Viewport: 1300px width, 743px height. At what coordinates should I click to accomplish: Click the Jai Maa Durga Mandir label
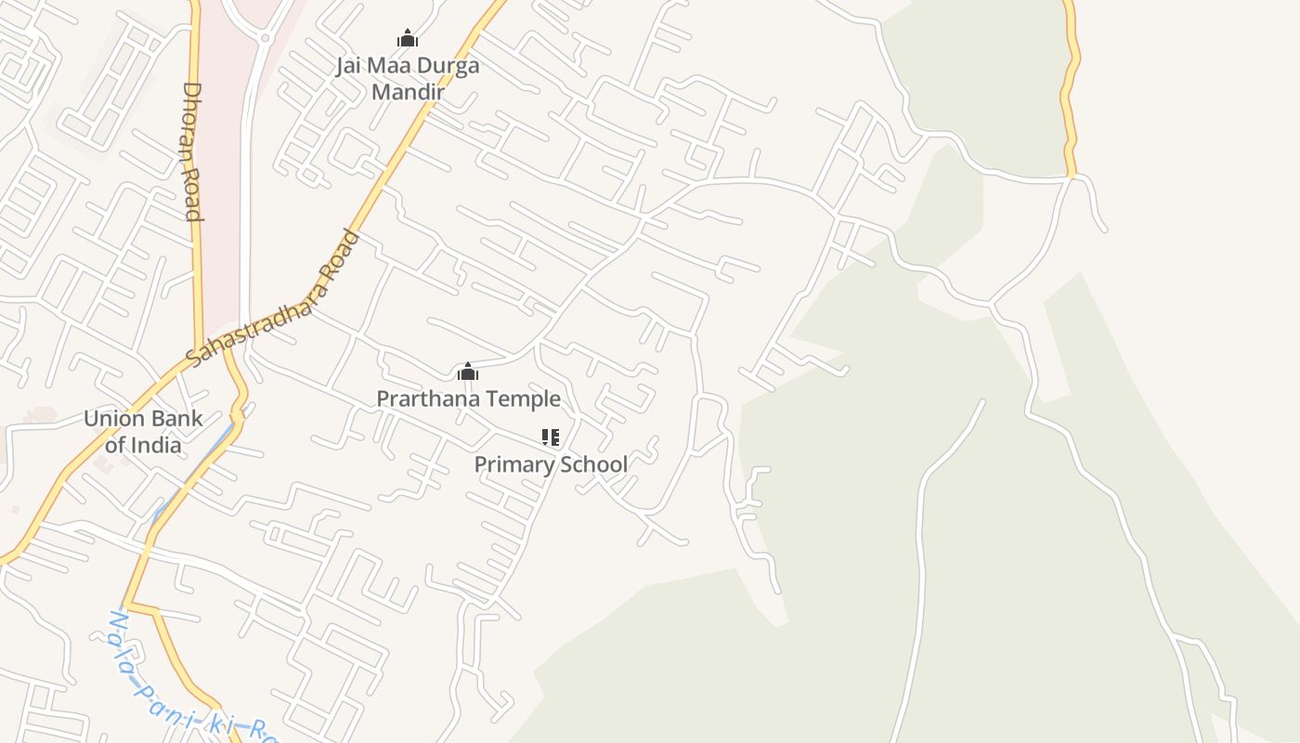coord(408,79)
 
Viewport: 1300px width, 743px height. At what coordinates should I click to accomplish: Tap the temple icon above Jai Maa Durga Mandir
coord(408,38)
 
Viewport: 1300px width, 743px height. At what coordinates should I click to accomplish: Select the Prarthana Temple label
coord(468,399)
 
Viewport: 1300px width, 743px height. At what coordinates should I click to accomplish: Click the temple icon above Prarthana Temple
coord(468,372)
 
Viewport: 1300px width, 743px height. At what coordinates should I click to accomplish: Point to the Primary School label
coord(551,464)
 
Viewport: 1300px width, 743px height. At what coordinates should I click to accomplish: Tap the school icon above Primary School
coord(551,437)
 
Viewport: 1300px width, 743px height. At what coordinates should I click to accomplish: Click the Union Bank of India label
coord(143,431)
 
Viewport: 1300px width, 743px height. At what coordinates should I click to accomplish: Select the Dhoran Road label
coord(192,151)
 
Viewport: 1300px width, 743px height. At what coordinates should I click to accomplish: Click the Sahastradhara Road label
coord(272,296)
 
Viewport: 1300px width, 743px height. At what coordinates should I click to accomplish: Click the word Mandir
coord(408,92)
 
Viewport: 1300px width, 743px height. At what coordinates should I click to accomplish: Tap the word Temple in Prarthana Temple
coord(526,399)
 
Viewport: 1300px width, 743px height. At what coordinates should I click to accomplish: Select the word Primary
coord(513,464)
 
